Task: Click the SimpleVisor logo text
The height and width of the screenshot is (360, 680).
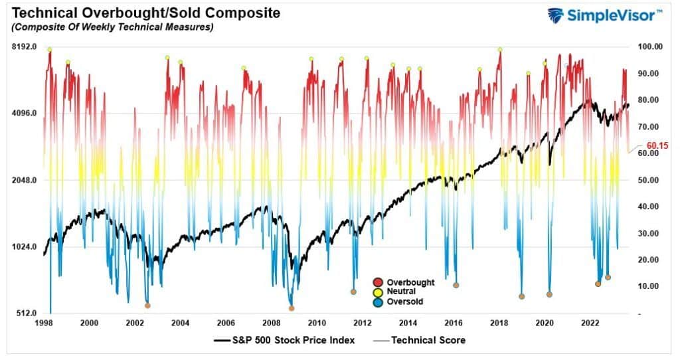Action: pyautogui.click(x=613, y=15)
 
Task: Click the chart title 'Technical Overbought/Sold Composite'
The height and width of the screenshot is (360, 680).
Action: pyautogui.click(x=143, y=13)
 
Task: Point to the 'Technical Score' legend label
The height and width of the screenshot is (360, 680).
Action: pyautogui.click(x=428, y=340)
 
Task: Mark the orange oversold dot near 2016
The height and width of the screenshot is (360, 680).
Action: pyautogui.click(x=456, y=285)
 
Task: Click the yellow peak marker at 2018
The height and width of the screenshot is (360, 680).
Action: pyautogui.click(x=500, y=49)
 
